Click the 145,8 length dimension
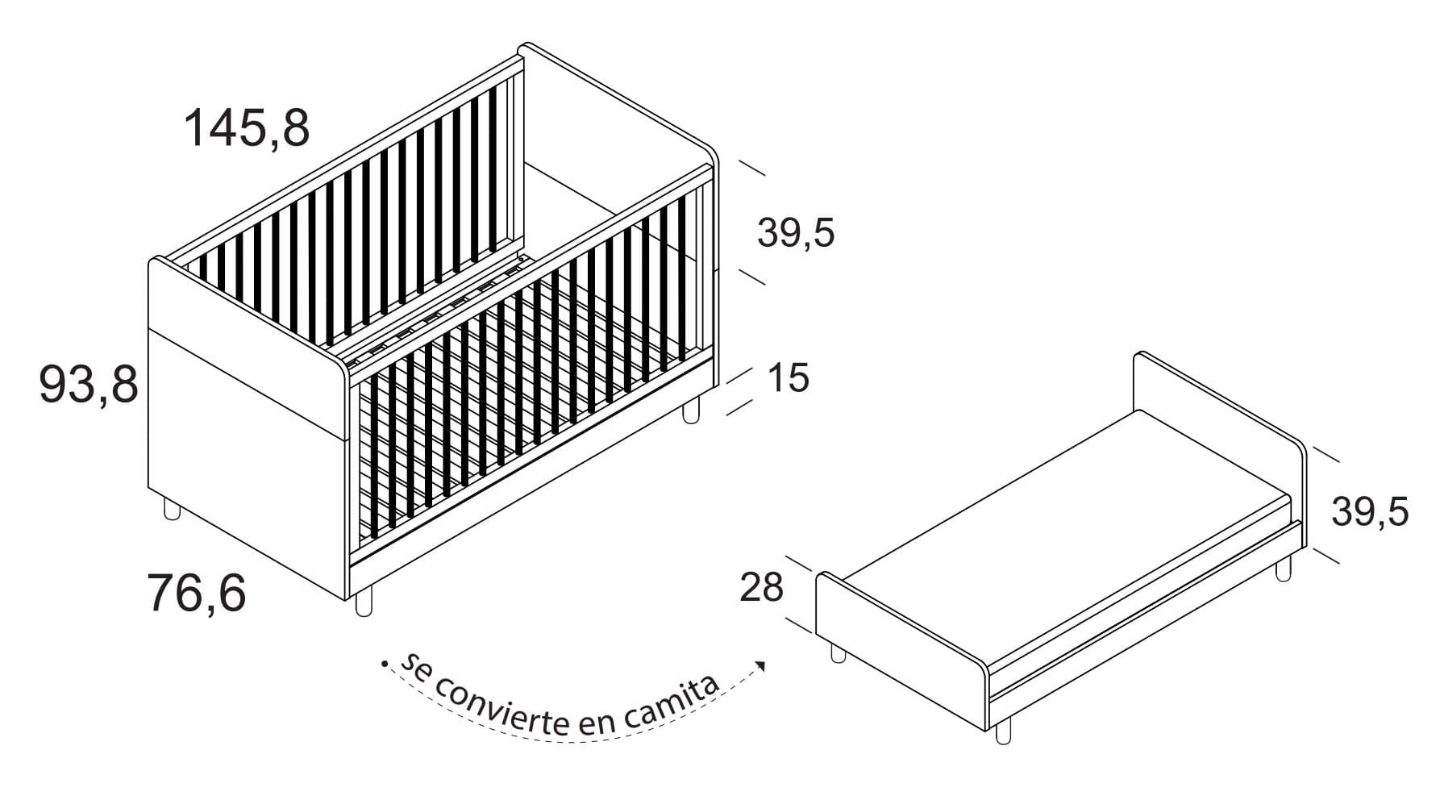pyautogui.click(x=247, y=127)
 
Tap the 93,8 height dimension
pyautogui.click(x=89, y=384)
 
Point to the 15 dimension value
pyautogui.click(x=788, y=377)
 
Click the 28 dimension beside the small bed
pyautogui.click(x=761, y=587)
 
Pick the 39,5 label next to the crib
pyautogui.click(x=796, y=232)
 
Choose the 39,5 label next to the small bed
pyautogui.click(x=1370, y=511)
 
